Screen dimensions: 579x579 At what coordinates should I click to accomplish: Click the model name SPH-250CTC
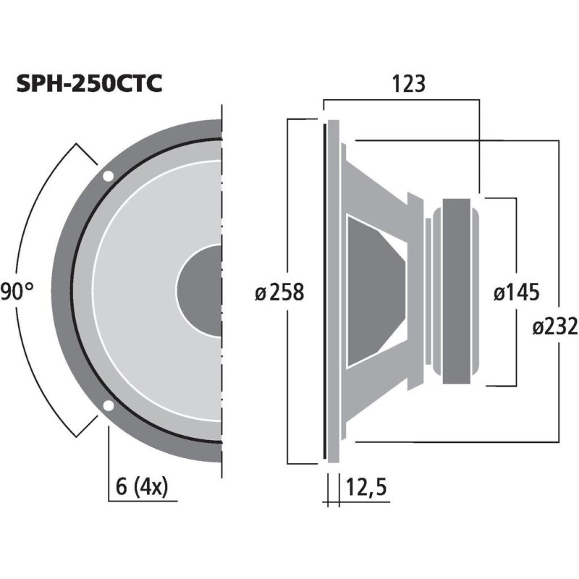[x=89, y=84]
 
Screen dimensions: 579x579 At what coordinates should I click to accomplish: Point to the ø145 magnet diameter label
[x=516, y=292]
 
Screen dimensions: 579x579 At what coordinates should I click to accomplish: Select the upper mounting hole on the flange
[x=108, y=175]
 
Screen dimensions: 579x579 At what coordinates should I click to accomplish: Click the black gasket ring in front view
[x=75, y=289]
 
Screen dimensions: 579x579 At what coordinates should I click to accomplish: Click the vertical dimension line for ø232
[x=558, y=217]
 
